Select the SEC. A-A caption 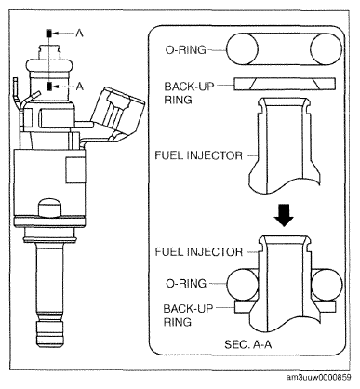[x=248, y=344]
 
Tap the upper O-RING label [x=186, y=50]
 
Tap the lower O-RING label [x=186, y=283]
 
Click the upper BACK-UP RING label [x=189, y=93]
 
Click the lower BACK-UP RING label [x=189, y=315]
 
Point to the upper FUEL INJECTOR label [x=198, y=155]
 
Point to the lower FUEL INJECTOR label [x=198, y=251]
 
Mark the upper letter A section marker [x=80, y=33]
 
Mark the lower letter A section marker [x=80, y=86]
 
